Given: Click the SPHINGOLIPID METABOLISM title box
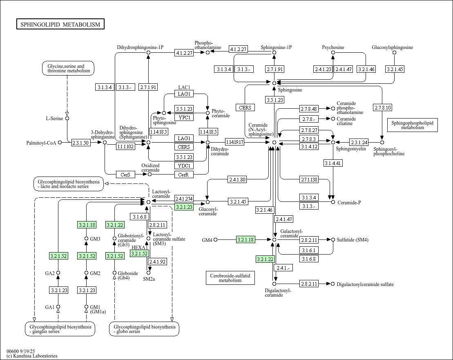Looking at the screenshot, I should [60, 25].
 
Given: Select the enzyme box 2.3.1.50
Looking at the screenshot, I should [81, 143].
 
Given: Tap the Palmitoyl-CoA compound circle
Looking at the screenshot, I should [60, 143].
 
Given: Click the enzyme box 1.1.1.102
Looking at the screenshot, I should [125, 147].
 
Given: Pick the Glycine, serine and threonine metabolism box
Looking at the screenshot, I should [68, 68].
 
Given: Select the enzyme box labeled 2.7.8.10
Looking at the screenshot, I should [382, 108].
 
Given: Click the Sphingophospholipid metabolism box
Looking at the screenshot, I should [412, 125].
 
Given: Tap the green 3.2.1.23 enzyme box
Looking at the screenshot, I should [183, 207].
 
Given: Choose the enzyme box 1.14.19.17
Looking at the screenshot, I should [234, 142].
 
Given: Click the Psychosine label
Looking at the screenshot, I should [333, 47].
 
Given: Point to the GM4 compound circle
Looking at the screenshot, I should [216, 240].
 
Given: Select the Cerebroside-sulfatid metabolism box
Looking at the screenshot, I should [230, 278].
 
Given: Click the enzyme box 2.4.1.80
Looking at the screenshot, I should [237, 179].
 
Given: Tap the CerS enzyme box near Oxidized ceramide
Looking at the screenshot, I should [125, 174].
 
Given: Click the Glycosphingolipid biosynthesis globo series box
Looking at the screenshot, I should [144, 329].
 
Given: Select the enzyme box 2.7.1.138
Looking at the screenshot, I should [309, 179].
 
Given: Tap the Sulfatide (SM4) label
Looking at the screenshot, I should [353, 240].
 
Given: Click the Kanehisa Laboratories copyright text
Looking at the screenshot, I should [32, 356].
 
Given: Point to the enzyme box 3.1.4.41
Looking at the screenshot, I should [333, 163].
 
